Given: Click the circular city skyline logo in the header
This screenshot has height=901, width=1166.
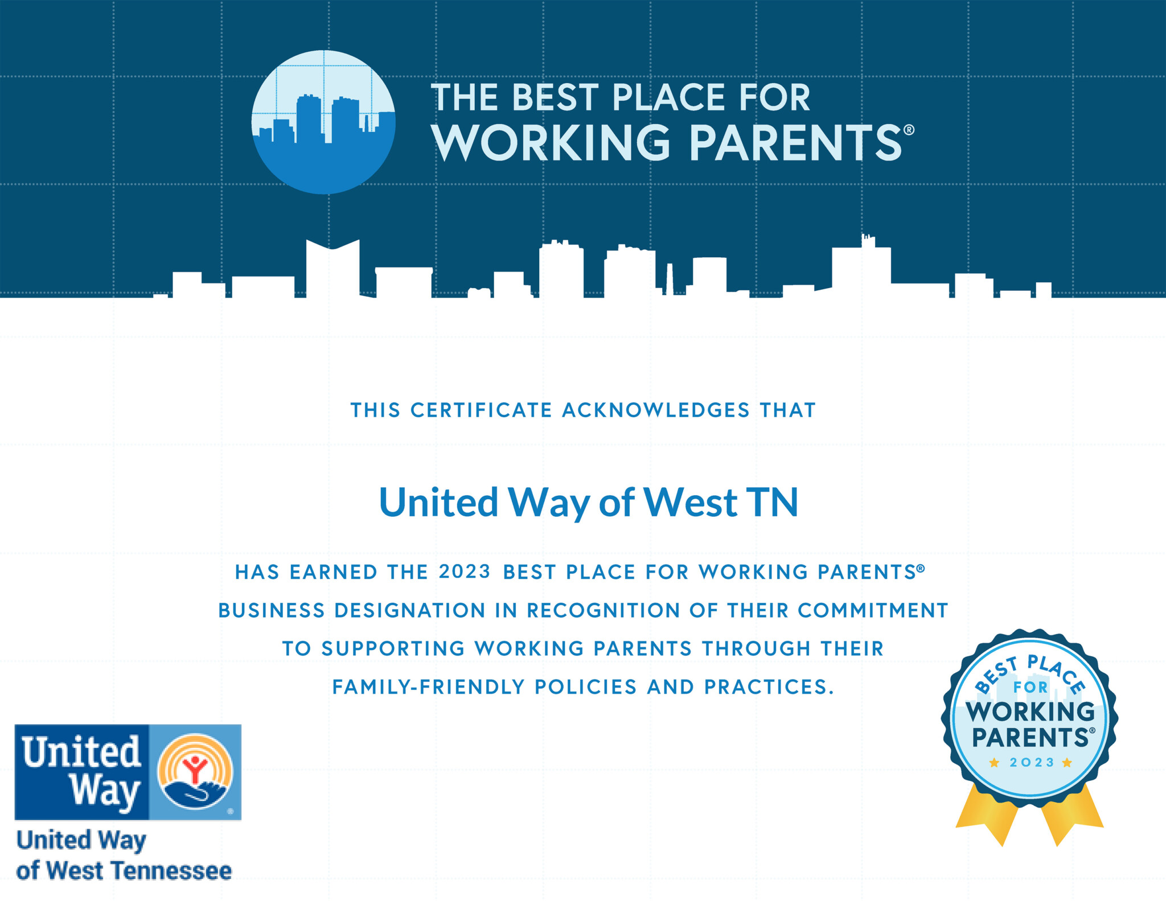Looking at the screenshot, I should click(323, 122).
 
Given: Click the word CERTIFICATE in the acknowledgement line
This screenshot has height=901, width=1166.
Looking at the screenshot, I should click(481, 410).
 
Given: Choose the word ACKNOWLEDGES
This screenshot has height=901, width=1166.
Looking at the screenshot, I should click(656, 410).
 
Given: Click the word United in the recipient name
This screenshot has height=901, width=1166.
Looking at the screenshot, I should click(438, 503).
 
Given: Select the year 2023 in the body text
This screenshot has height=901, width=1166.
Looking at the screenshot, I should click(465, 571).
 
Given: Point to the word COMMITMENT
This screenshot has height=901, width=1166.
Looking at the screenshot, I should click(872, 611).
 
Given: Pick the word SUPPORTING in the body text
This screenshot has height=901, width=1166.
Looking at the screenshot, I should click(393, 649).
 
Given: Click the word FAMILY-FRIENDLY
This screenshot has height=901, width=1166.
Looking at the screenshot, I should click(428, 687).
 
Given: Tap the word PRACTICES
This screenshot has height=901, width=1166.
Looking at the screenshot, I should click(769, 687).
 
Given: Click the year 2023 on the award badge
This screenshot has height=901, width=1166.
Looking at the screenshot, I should click(1032, 763).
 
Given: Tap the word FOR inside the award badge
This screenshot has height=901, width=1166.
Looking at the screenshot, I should click(1030, 688).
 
